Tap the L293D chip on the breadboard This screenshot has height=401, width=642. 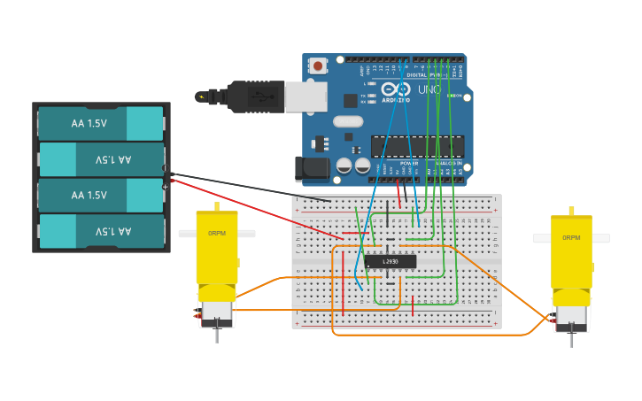pos(391,261)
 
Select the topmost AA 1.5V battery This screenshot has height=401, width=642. pos(101,124)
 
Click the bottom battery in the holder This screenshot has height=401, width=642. pos(101,232)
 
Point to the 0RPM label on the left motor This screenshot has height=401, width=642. pos(216,234)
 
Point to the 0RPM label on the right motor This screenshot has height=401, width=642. pos(571,238)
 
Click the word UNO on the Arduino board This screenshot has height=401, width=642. pos(429,90)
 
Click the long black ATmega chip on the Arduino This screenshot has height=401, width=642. pos(417,146)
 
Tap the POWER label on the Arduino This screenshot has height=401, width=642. pos(409,164)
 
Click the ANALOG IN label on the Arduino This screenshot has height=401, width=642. pos(447,164)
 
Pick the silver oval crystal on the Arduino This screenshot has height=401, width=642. pos(348,121)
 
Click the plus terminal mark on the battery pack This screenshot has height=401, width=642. pos(165,187)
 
